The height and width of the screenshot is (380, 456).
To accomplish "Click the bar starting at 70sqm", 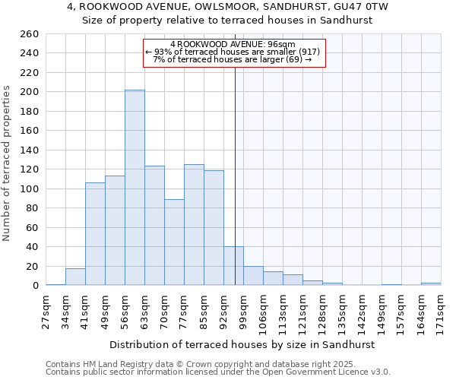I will (174, 242).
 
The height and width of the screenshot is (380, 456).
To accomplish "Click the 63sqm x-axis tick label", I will (144, 309).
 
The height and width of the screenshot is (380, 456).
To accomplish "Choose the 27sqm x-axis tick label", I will (46, 309).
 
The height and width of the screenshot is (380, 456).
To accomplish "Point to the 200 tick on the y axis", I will (30, 92).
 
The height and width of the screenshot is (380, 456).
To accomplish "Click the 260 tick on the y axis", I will (30, 34).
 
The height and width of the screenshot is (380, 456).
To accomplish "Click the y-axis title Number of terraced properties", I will (8, 163).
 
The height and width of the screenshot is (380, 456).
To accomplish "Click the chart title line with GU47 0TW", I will (227, 7).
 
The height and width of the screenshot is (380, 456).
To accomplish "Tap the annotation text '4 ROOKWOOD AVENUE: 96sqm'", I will (233, 45).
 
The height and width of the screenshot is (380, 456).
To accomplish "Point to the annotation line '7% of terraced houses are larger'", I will (233, 59).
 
